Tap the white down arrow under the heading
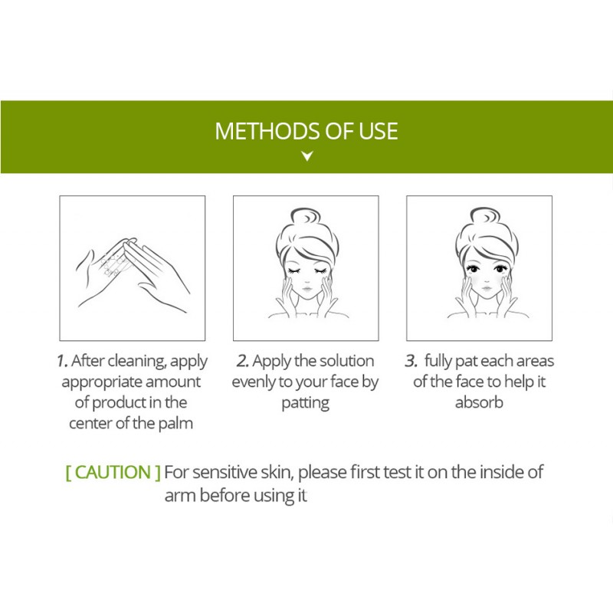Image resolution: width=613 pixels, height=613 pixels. pos(307,156)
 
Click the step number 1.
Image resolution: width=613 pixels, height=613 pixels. pos(62,361)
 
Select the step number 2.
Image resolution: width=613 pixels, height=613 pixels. pos(242,361)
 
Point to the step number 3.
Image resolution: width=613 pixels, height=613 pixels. pos(411,361)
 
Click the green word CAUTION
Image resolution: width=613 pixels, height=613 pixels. pos(113,472)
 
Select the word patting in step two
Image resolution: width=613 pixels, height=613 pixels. pos(306,403)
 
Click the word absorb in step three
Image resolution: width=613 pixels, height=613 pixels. pos(479,402)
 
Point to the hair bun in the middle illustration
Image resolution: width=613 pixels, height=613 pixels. pos(306,216)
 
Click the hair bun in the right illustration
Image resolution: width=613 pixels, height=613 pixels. pos(485,216)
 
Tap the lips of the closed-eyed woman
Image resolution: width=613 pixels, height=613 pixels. pos(307,290)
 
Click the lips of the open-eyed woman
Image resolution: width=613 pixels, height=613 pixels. pos(487,289)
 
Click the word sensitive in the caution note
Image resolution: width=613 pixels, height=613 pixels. pos(225,472)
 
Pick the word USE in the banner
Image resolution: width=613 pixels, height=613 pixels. pos(378,131)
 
